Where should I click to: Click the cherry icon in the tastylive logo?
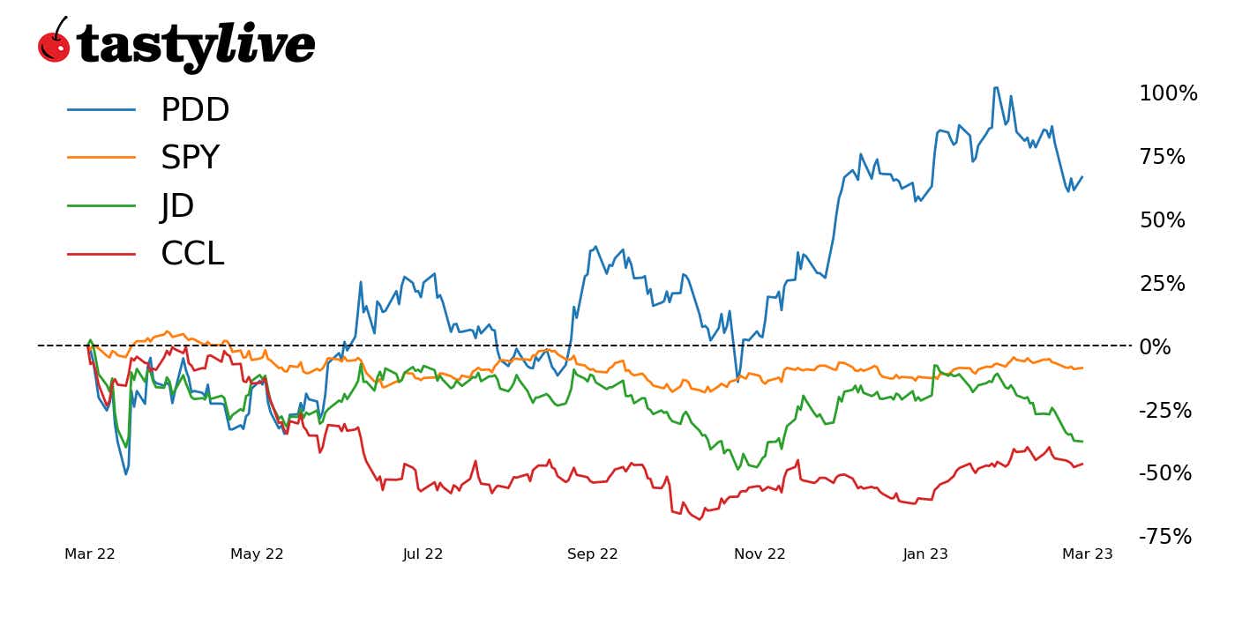pyautogui.click(x=54, y=43)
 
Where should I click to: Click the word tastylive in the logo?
pyautogui.click(x=195, y=45)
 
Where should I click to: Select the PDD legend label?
pyautogui.click(x=195, y=110)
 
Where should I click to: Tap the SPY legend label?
pyautogui.click(x=190, y=158)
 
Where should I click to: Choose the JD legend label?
pyautogui.click(x=177, y=206)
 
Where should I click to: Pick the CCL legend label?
pyautogui.click(x=192, y=254)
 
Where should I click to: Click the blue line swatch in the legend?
pyautogui.click(x=101, y=110)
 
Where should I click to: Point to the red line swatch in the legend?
pyautogui.click(x=101, y=254)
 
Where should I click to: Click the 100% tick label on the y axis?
pyautogui.click(x=1168, y=93)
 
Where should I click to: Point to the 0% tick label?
pyautogui.click(x=1155, y=346)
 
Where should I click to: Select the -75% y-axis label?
pyautogui.click(x=1165, y=537)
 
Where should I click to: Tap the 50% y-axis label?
pyautogui.click(x=1162, y=220)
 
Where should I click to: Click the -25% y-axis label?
pyautogui.click(x=1165, y=410)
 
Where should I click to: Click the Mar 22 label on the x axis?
pyautogui.click(x=90, y=554)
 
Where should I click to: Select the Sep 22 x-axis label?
pyautogui.click(x=593, y=554)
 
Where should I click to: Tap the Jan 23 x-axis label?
pyautogui.click(x=925, y=554)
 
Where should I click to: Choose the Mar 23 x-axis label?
pyautogui.click(x=1087, y=554)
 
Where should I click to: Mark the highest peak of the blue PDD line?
pyautogui.click(x=996, y=87)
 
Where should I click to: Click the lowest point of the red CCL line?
pyautogui.click(x=700, y=519)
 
